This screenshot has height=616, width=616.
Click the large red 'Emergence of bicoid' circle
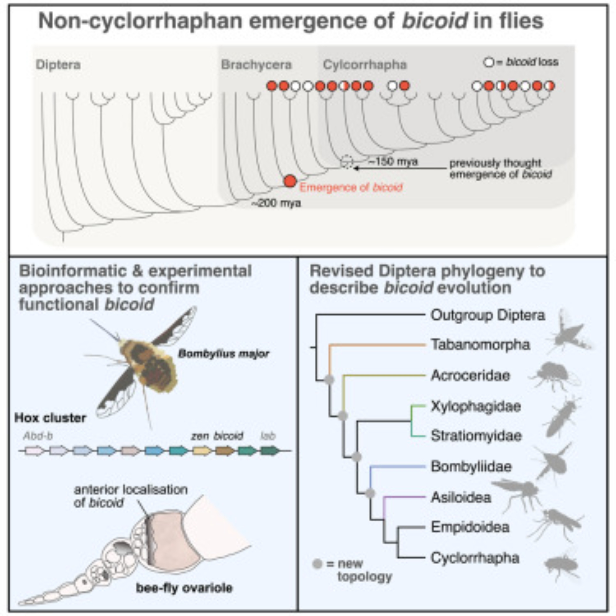[290, 181]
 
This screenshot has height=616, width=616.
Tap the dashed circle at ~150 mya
[346, 162]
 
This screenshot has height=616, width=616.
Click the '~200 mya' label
[276, 203]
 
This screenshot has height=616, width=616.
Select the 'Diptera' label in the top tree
[58, 65]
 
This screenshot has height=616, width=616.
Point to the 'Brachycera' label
[256, 65]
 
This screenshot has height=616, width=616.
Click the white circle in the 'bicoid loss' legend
[488, 62]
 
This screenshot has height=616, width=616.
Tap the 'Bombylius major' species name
[224, 354]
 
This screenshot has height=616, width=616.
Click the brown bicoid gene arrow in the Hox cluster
[225, 451]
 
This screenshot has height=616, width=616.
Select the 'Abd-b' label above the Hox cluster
[38, 436]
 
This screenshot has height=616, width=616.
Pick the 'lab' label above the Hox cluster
[268, 436]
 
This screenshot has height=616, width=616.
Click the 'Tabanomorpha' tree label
[480, 345]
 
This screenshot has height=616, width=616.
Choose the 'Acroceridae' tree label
[470, 375]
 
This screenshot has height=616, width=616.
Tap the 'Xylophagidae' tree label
[476, 406]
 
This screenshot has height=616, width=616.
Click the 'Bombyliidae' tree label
[471, 466]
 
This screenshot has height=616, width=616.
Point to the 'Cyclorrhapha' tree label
[475, 558]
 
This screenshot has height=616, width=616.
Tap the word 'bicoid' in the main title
[435, 21]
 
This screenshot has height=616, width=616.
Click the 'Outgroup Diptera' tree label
[488, 315]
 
